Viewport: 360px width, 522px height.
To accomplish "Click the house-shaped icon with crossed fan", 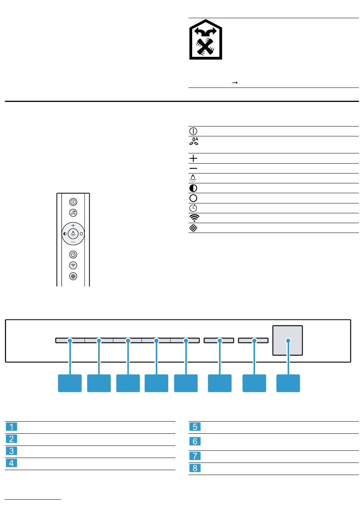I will tap(205, 40).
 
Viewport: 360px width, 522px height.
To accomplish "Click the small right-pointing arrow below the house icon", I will tap(235, 83).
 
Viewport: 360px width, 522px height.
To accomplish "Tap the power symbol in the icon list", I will tap(193, 131).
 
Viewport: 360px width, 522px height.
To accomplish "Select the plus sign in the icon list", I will tap(193, 158).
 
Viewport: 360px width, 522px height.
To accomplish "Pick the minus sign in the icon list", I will tap(193, 169).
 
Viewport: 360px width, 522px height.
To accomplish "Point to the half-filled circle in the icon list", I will tap(193, 188).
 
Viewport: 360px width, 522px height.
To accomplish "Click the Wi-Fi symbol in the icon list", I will tap(194, 218).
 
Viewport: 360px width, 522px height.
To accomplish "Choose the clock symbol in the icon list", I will tap(193, 208).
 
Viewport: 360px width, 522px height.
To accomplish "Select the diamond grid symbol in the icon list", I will tap(193, 228).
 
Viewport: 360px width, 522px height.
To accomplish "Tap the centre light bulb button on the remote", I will tap(73, 234).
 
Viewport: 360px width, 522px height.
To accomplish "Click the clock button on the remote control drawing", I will tap(73, 255).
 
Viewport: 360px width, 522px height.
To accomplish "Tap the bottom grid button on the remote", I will tap(73, 276).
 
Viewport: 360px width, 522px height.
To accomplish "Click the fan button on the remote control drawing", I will tap(73, 213).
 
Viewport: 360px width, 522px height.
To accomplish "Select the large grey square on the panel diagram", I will tap(288, 340).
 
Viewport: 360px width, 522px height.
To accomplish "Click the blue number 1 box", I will tap(11, 427).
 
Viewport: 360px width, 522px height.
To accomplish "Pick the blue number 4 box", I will tap(11, 463).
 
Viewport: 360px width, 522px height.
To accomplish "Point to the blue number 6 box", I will tap(195, 442).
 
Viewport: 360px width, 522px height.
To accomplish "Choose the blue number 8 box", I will tap(195, 468).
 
